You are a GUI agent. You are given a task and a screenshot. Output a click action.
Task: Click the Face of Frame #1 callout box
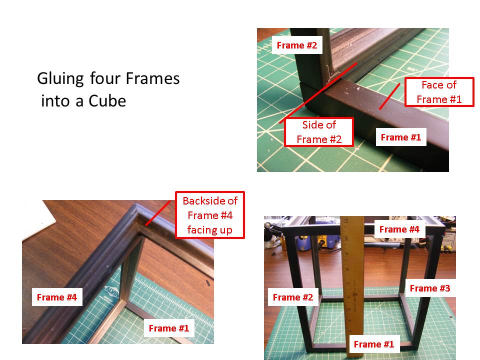pos(439,92)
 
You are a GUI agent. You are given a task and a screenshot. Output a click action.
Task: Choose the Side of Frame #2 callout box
pos(319,132)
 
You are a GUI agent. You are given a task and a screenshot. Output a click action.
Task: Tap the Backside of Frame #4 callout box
pos(209,215)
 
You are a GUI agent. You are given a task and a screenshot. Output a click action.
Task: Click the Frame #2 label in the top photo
pos(297,45)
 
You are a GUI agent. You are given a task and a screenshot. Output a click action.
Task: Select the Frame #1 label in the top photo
pos(401,137)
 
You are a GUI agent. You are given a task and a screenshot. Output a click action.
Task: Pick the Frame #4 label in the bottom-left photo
pos(57,297)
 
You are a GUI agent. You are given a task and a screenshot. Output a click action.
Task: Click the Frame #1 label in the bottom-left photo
pos(169,328)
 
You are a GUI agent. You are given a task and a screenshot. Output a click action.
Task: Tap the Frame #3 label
pos(430,288)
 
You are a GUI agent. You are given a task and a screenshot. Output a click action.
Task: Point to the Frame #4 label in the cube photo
pos(399,229)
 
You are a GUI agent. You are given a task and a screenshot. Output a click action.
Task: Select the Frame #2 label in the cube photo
pos(293,297)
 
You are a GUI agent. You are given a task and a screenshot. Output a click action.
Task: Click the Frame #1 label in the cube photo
pos(373,344)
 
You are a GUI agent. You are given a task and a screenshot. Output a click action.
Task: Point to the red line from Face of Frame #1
pos(389,96)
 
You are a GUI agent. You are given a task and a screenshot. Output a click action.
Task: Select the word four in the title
pos(105,79)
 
